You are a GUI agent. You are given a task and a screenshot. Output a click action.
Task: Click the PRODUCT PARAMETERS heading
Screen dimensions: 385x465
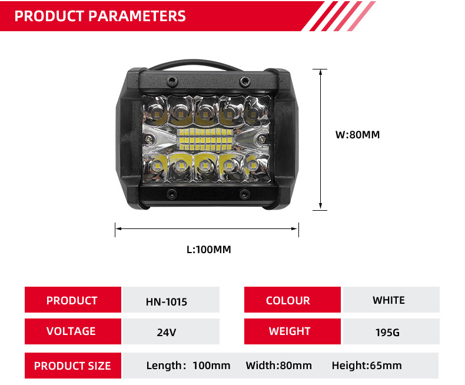(x=100, y=16)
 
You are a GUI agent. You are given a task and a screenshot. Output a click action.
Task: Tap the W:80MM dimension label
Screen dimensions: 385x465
(x=358, y=135)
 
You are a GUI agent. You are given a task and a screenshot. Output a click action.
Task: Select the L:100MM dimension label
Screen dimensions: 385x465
(x=208, y=250)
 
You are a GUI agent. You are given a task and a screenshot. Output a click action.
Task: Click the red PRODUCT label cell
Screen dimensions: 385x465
(x=72, y=300)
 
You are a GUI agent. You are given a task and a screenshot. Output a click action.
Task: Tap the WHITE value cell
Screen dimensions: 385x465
(x=389, y=300)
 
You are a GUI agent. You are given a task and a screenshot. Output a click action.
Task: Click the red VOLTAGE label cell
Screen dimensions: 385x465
(x=72, y=331)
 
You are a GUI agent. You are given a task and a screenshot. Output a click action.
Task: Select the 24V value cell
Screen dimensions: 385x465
(x=167, y=332)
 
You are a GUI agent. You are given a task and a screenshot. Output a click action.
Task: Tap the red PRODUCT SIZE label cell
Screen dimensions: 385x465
(x=72, y=366)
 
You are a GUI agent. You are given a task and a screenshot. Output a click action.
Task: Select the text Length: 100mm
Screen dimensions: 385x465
(x=188, y=366)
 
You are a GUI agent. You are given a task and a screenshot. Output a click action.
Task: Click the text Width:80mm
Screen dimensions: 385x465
(x=279, y=366)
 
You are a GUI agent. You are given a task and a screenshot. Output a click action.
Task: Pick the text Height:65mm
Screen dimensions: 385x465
(x=367, y=366)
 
